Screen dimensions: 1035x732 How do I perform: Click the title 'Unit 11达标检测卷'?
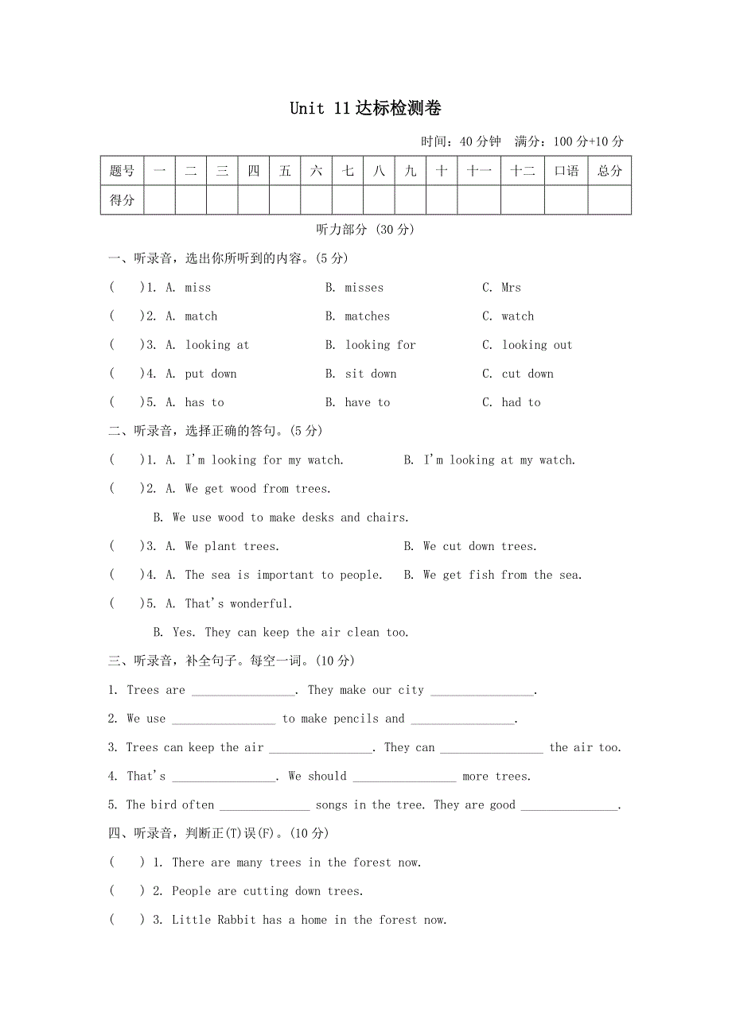[x=365, y=109]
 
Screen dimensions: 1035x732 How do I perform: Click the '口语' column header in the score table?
[x=566, y=171]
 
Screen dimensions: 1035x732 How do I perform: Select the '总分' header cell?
[x=609, y=171]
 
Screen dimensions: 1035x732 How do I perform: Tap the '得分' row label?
[x=122, y=200]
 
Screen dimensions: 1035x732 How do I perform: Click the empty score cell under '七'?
[x=348, y=200]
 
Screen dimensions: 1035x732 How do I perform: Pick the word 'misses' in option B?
[x=364, y=288]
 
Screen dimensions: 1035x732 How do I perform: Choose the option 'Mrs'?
[x=511, y=288]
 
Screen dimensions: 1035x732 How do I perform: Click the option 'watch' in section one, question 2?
[x=517, y=316]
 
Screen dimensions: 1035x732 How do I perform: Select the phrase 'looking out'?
[x=536, y=345]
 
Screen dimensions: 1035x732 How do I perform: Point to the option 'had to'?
[x=520, y=402]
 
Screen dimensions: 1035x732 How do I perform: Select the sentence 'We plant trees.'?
[x=232, y=546]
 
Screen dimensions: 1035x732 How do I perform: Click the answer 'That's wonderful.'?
[x=239, y=603]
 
